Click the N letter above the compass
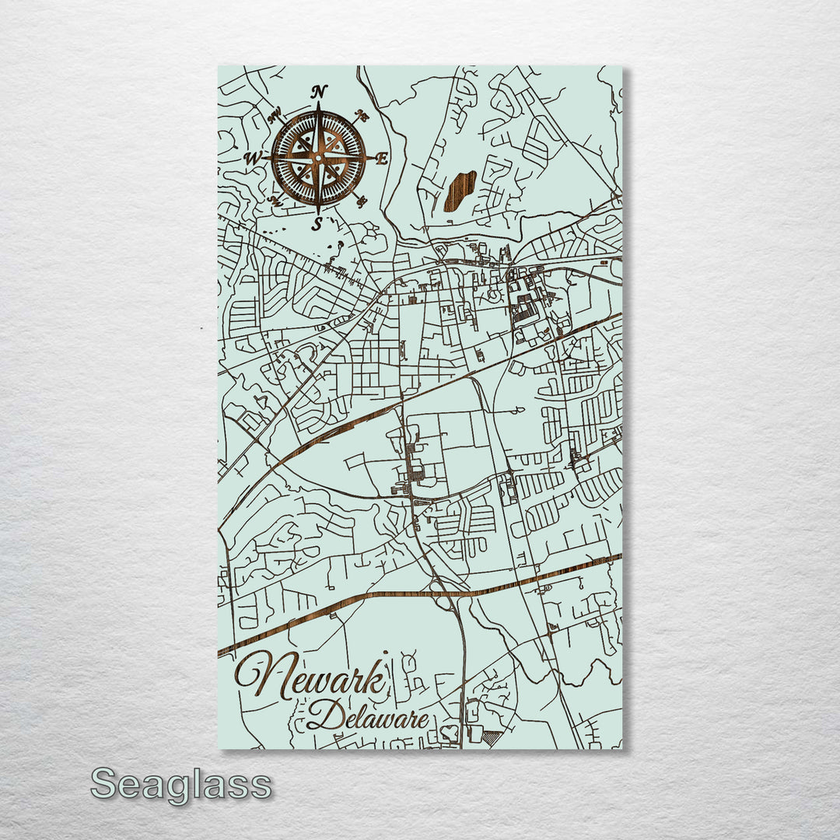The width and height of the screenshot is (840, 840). [319, 92]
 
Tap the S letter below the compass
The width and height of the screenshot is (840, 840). [317, 224]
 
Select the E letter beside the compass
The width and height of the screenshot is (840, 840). [381, 159]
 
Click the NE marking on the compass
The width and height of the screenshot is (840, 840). [361, 116]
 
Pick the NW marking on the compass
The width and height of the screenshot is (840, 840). [275, 117]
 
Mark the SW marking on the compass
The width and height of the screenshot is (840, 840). [275, 200]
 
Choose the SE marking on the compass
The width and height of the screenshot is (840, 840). [361, 201]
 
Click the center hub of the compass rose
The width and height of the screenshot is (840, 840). [317, 158]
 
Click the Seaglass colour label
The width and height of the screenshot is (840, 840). [181, 784]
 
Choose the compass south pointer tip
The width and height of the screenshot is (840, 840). [317, 212]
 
